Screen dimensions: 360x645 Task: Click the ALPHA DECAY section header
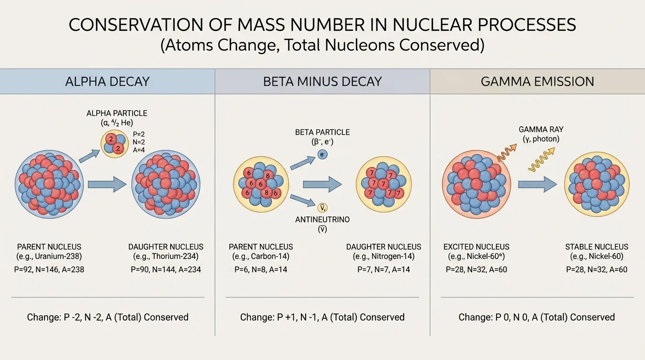[x=108, y=82]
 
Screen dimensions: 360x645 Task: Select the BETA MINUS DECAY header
[x=322, y=82]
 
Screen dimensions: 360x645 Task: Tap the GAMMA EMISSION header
[x=537, y=82]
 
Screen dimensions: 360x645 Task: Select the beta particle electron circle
[x=322, y=154]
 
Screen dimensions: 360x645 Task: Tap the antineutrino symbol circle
[x=322, y=208]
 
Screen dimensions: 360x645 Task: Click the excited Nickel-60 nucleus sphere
[x=476, y=184]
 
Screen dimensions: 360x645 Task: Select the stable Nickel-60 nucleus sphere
[x=597, y=184]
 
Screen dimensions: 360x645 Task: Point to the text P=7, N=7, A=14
[x=383, y=270]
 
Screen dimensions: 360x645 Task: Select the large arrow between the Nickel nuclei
[x=537, y=184]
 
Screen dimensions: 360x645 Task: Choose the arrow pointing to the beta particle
[x=302, y=162]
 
